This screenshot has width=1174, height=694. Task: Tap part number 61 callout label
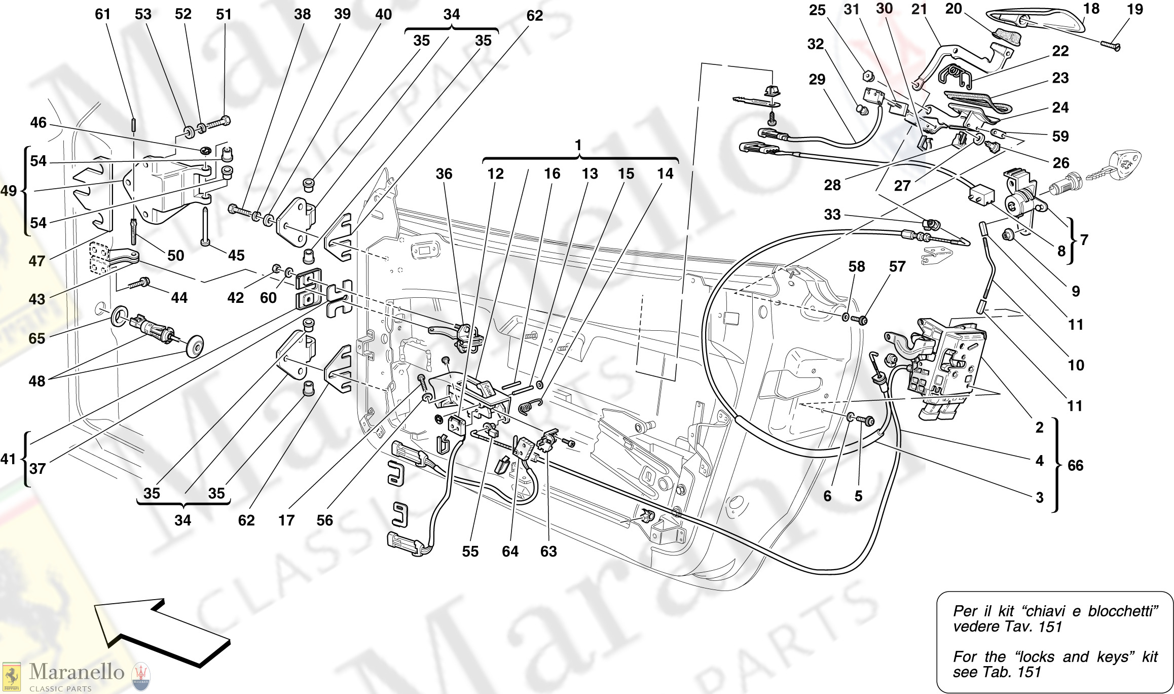102,14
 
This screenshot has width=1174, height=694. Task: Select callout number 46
38,122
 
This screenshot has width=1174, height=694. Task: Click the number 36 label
444,174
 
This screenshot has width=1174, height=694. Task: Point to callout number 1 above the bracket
578,145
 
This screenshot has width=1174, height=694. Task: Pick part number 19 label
1134,10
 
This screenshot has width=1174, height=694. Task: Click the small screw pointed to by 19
1111,46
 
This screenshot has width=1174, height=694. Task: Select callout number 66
1075,465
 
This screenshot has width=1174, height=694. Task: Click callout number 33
832,214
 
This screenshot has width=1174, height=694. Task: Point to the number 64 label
510,551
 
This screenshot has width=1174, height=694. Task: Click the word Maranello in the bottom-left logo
77,672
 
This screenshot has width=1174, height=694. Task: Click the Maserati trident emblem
141,676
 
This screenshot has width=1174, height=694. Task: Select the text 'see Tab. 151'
997,672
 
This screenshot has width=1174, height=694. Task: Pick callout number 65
36,338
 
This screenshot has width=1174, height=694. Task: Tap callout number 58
857,267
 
